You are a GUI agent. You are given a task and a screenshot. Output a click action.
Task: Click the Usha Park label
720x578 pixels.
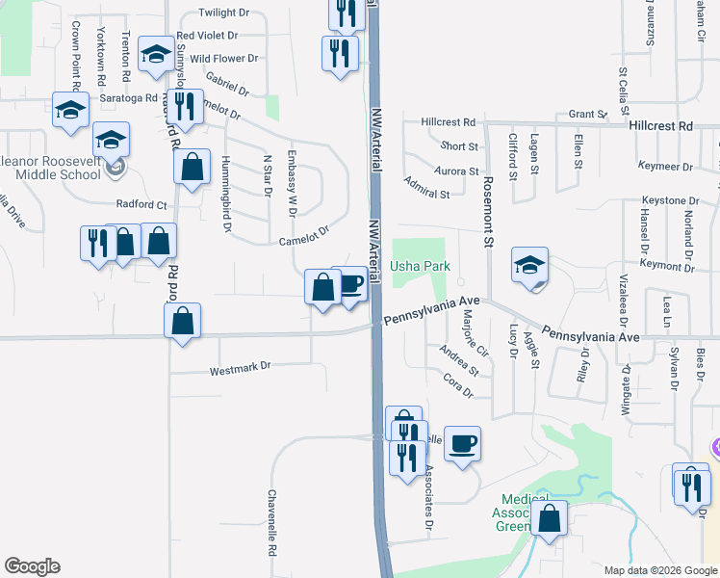418,266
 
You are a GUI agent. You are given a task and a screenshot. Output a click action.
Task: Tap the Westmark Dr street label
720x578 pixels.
242,367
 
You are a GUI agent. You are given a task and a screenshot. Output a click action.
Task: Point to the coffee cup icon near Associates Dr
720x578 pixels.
462,444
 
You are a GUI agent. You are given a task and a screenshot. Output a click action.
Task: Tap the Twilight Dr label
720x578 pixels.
223,13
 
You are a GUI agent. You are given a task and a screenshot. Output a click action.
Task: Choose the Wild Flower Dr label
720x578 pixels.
224,59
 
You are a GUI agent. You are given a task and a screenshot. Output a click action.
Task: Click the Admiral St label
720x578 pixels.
427,187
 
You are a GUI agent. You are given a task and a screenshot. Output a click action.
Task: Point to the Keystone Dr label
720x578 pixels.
670,200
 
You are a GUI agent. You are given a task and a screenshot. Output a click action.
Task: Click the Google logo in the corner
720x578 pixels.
32,566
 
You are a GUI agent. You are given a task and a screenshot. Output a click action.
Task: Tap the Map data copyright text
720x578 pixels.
660,570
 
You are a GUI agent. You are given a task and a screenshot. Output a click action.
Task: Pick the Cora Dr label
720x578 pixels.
458,387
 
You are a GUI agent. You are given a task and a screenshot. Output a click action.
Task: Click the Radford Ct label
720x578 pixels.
141,204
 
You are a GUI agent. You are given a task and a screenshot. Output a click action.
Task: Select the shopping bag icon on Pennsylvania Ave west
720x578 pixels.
182,321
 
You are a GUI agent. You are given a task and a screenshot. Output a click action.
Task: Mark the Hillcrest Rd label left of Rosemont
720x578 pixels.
449,122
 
